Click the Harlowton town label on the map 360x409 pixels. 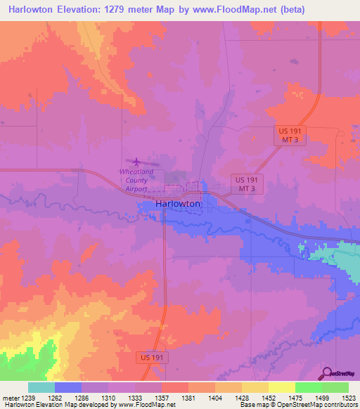(x=178, y=203)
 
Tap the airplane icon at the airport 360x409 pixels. (x=136, y=162)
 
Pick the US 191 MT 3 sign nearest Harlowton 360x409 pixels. (x=246, y=184)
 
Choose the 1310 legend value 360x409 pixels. (x=108, y=397)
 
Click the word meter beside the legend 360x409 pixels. (x=10, y=397)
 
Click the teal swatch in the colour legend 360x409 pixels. (x=41, y=387)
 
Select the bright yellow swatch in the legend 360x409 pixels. (x=281, y=387)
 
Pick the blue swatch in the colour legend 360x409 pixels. (x=67, y=387)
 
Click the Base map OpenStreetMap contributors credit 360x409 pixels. (x=297, y=405)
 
